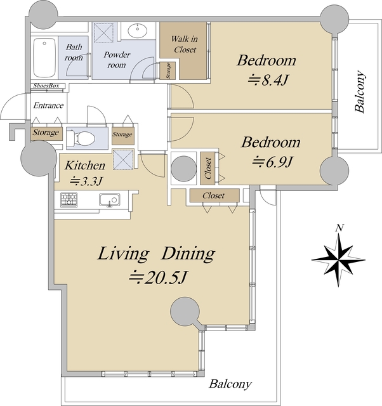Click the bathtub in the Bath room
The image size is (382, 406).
44,58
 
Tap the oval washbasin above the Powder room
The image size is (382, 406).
137,31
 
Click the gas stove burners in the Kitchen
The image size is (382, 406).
69,199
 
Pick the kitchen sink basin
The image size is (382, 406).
110,200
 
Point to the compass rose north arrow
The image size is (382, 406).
338,259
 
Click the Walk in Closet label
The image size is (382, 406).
185,44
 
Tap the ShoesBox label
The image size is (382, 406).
46,86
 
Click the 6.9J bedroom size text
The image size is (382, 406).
272,162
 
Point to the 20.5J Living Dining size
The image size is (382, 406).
158,278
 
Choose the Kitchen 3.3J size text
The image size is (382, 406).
85,181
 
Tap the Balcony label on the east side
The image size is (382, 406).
360,91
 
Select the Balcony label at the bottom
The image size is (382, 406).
230,384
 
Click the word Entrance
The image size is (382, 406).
48,105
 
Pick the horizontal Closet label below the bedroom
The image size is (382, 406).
214,195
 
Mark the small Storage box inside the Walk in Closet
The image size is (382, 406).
168,70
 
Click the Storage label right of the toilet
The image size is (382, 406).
122,134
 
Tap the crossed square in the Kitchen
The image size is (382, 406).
123,159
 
